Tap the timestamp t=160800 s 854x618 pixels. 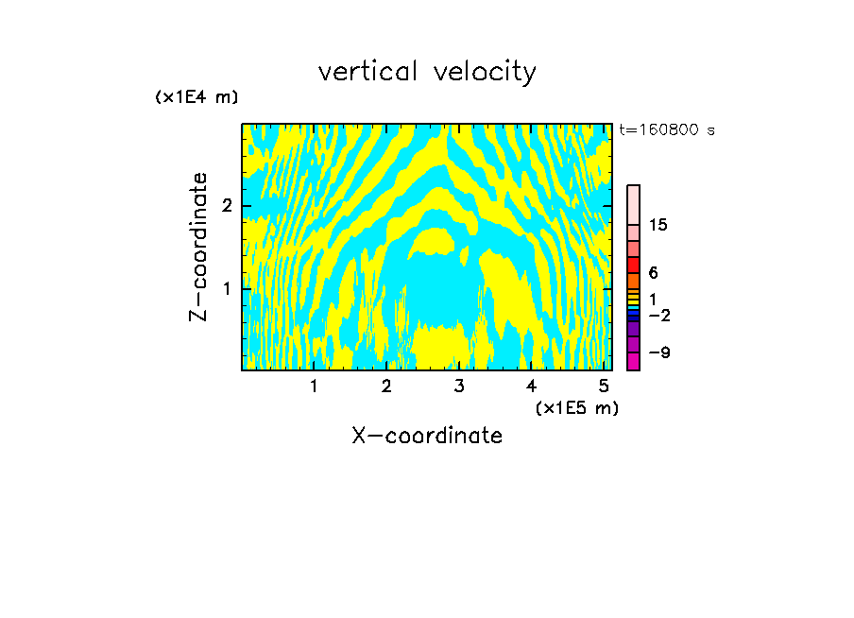click(x=666, y=129)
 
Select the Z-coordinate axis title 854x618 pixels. click(x=198, y=246)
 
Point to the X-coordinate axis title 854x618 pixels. click(x=427, y=436)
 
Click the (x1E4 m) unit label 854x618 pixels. click(x=196, y=96)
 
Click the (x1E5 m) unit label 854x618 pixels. click(x=576, y=407)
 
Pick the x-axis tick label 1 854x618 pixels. click(x=314, y=386)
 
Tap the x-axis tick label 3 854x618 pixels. click(x=459, y=386)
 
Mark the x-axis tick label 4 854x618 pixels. click(x=532, y=386)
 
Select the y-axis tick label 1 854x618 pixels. click(x=227, y=287)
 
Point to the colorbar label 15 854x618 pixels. click(x=658, y=225)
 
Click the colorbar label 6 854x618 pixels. click(x=653, y=272)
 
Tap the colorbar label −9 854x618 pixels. click(x=658, y=352)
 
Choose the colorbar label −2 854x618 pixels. click(x=658, y=315)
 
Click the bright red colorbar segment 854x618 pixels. click(x=633, y=265)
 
